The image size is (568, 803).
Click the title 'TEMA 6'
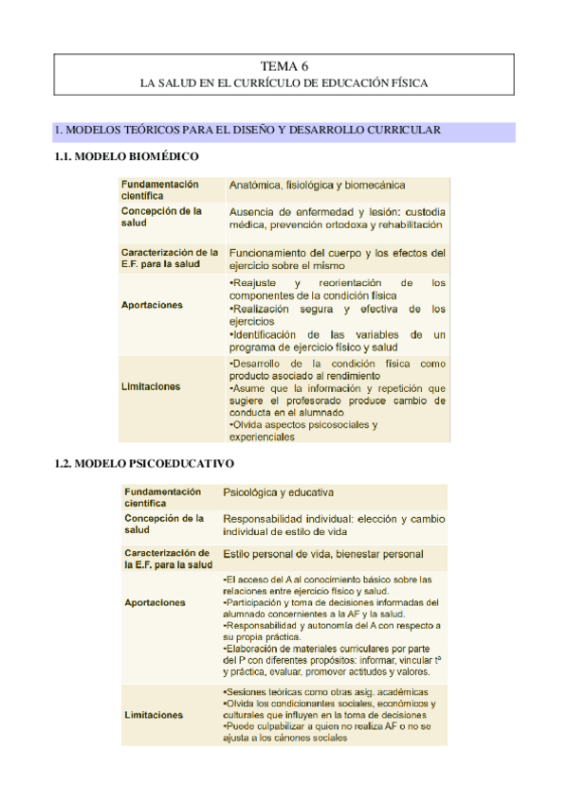pyautogui.click(x=284, y=66)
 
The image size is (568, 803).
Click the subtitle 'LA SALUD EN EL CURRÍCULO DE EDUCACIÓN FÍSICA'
pyautogui.click(x=284, y=83)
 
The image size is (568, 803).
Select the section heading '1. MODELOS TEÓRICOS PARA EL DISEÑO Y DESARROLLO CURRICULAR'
pyautogui.click(x=247, y=130)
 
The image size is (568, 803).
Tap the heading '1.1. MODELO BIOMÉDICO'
pyautogui.click(x=127, y=156)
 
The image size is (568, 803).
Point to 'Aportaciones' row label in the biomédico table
pyautogui.click(x=152, y=306)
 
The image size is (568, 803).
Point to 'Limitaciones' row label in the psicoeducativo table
pyautogui.click(x=154, y=716)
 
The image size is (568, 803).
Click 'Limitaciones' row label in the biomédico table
pyautogui.click(x=150, y=386)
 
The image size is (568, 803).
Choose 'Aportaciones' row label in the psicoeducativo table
pyautogui.click(x=155, y=602)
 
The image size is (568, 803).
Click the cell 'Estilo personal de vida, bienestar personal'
pyautogui.click(x=322, y=554)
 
